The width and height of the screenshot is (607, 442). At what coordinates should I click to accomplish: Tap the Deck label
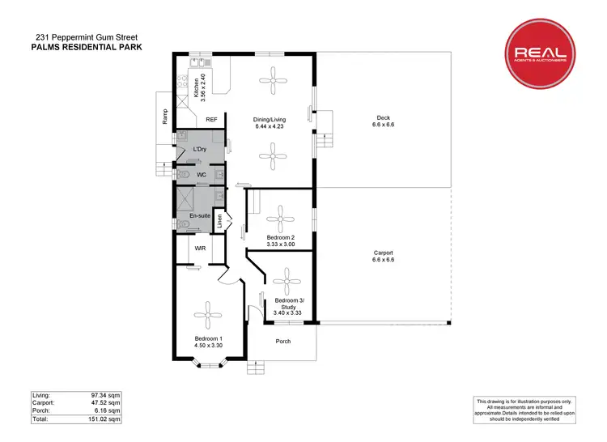382,117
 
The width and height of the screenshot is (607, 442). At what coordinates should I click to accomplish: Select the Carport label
382,252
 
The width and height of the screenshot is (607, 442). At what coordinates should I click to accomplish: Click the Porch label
282,341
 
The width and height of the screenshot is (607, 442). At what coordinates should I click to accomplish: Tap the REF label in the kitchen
212,120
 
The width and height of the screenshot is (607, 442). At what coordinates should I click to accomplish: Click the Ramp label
165,117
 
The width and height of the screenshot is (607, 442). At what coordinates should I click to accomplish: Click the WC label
200,175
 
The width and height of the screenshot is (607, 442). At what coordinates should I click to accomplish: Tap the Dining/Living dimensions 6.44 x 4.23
270,127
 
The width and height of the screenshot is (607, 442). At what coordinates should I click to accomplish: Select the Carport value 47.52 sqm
105,402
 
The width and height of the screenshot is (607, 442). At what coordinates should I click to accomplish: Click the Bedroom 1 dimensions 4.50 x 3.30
208,346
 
